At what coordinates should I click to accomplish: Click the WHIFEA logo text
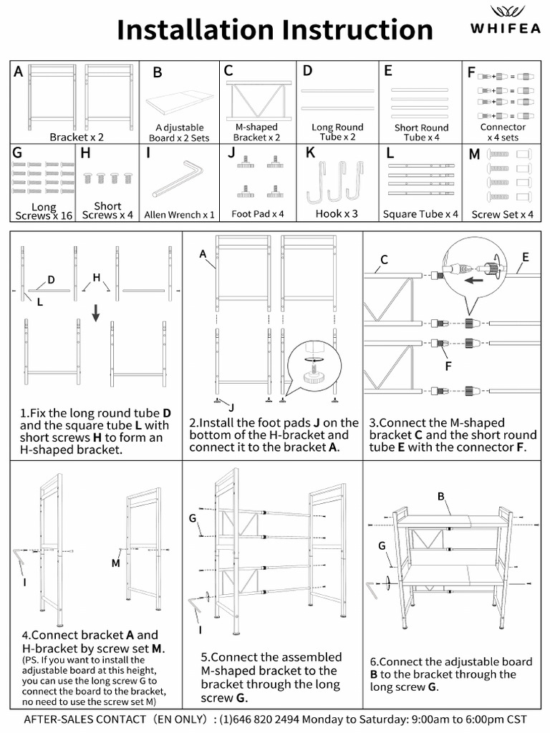pos(506,29)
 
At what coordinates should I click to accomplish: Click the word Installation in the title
pos(195,30)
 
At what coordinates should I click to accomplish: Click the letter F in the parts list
pos(471,72)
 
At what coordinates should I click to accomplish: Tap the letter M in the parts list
pos(474,154)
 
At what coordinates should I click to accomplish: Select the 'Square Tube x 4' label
pos(420,214)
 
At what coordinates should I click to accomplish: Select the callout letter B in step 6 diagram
pos(441,497)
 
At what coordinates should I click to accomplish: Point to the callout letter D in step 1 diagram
pos(51,279)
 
